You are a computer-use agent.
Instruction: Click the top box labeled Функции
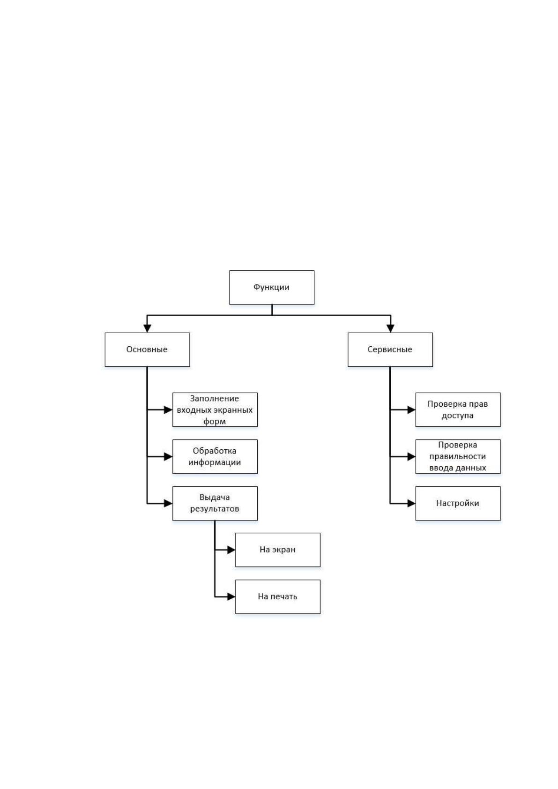(272, 287)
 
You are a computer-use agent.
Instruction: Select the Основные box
(147, 350)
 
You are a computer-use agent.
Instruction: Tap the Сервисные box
(390, 350)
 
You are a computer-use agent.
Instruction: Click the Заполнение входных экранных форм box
(215, 409)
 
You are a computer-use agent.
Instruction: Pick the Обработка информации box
(215, 456)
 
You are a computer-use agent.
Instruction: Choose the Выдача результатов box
(215, 503)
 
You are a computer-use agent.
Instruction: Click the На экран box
(278, 550)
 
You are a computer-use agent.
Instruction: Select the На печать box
(278, 597)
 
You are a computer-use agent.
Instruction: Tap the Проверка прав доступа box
(458, 409)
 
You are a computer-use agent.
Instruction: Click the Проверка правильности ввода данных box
(458, 456)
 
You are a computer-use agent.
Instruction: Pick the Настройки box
(458, 503)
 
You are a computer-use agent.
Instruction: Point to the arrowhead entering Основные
(147, 328)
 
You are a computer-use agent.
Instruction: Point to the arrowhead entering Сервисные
(390, 328)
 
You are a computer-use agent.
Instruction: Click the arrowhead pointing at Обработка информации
(168, 456)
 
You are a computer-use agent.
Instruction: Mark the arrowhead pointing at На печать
(231, 597)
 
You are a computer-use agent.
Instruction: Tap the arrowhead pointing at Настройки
(411, 503)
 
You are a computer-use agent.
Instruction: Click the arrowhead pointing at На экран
(231, 550)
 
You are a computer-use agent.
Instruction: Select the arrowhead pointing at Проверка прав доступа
(411, 409)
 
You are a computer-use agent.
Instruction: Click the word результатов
(215, 509)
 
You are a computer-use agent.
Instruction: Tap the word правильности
(458, 456)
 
